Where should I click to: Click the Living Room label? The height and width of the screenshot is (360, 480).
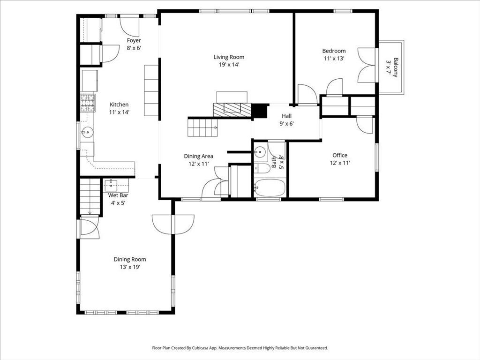pyautogui.click(x=229, y=57)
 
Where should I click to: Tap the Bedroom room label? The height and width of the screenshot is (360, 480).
pyautogui.click(x=334, y=51)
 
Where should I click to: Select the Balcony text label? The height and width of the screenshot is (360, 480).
pyautogui.click(x=396, y=67)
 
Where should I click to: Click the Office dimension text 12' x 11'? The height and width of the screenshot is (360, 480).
pyautogui.click(x=340, y=163)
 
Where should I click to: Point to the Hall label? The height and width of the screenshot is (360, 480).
pyautogui.click(x=286, y=116)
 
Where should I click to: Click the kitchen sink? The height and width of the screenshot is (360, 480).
pyautogui.click(x=87, y=133)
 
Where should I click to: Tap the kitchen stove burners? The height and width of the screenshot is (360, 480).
pyautogui.click(x=88, y=103)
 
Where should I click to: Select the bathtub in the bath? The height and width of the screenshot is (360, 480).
pyautogui.click(x=270, y=187)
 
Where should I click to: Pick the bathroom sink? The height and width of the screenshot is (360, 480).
pyautogui.click(x=260, y=151)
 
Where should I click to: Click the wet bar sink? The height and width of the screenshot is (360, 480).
pyautogui.click(x=111, y=184)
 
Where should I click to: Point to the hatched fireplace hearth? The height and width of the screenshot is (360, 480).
pyautogui.click(x=232, y=110)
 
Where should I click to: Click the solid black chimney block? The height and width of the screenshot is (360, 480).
pyautogui.click(x=259, y=111)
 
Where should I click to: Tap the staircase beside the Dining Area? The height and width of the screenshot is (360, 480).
pyautogui.click(x=202, y=127)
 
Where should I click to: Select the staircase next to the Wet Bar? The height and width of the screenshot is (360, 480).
pyautogui.click(x=90, y=197)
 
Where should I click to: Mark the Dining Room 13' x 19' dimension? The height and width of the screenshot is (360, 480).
pyautogui.click(x=130, y=267)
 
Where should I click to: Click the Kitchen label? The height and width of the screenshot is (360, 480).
pyautogui.click(x=119, y=105)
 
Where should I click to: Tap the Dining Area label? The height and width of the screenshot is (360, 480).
pyautogui.click(x=198, y=156)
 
